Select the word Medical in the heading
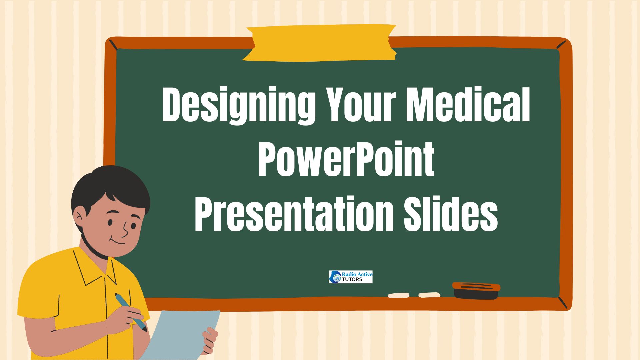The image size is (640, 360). pos(468,104)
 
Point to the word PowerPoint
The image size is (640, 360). pos(346,159)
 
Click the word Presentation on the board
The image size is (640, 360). pos(293,214)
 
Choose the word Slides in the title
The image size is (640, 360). pos(451,214)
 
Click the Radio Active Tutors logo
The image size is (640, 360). pos(351,277)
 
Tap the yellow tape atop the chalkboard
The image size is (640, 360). pos(319,43)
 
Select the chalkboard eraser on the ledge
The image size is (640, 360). pos(476,291)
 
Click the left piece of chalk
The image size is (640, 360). pos(398,295)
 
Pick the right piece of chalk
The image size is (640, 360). pos(429,295)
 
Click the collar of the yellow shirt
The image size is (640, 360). pos(95,267)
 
